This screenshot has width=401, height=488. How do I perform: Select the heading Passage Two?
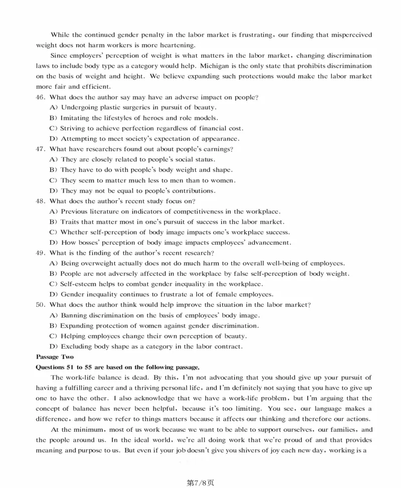point(55,357)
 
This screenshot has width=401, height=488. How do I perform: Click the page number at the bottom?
point(200,482)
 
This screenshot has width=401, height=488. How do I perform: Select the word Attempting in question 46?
point(78,138)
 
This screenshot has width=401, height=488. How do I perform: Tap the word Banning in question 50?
point(74,315)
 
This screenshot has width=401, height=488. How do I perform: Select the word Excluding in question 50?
point(76,347)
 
